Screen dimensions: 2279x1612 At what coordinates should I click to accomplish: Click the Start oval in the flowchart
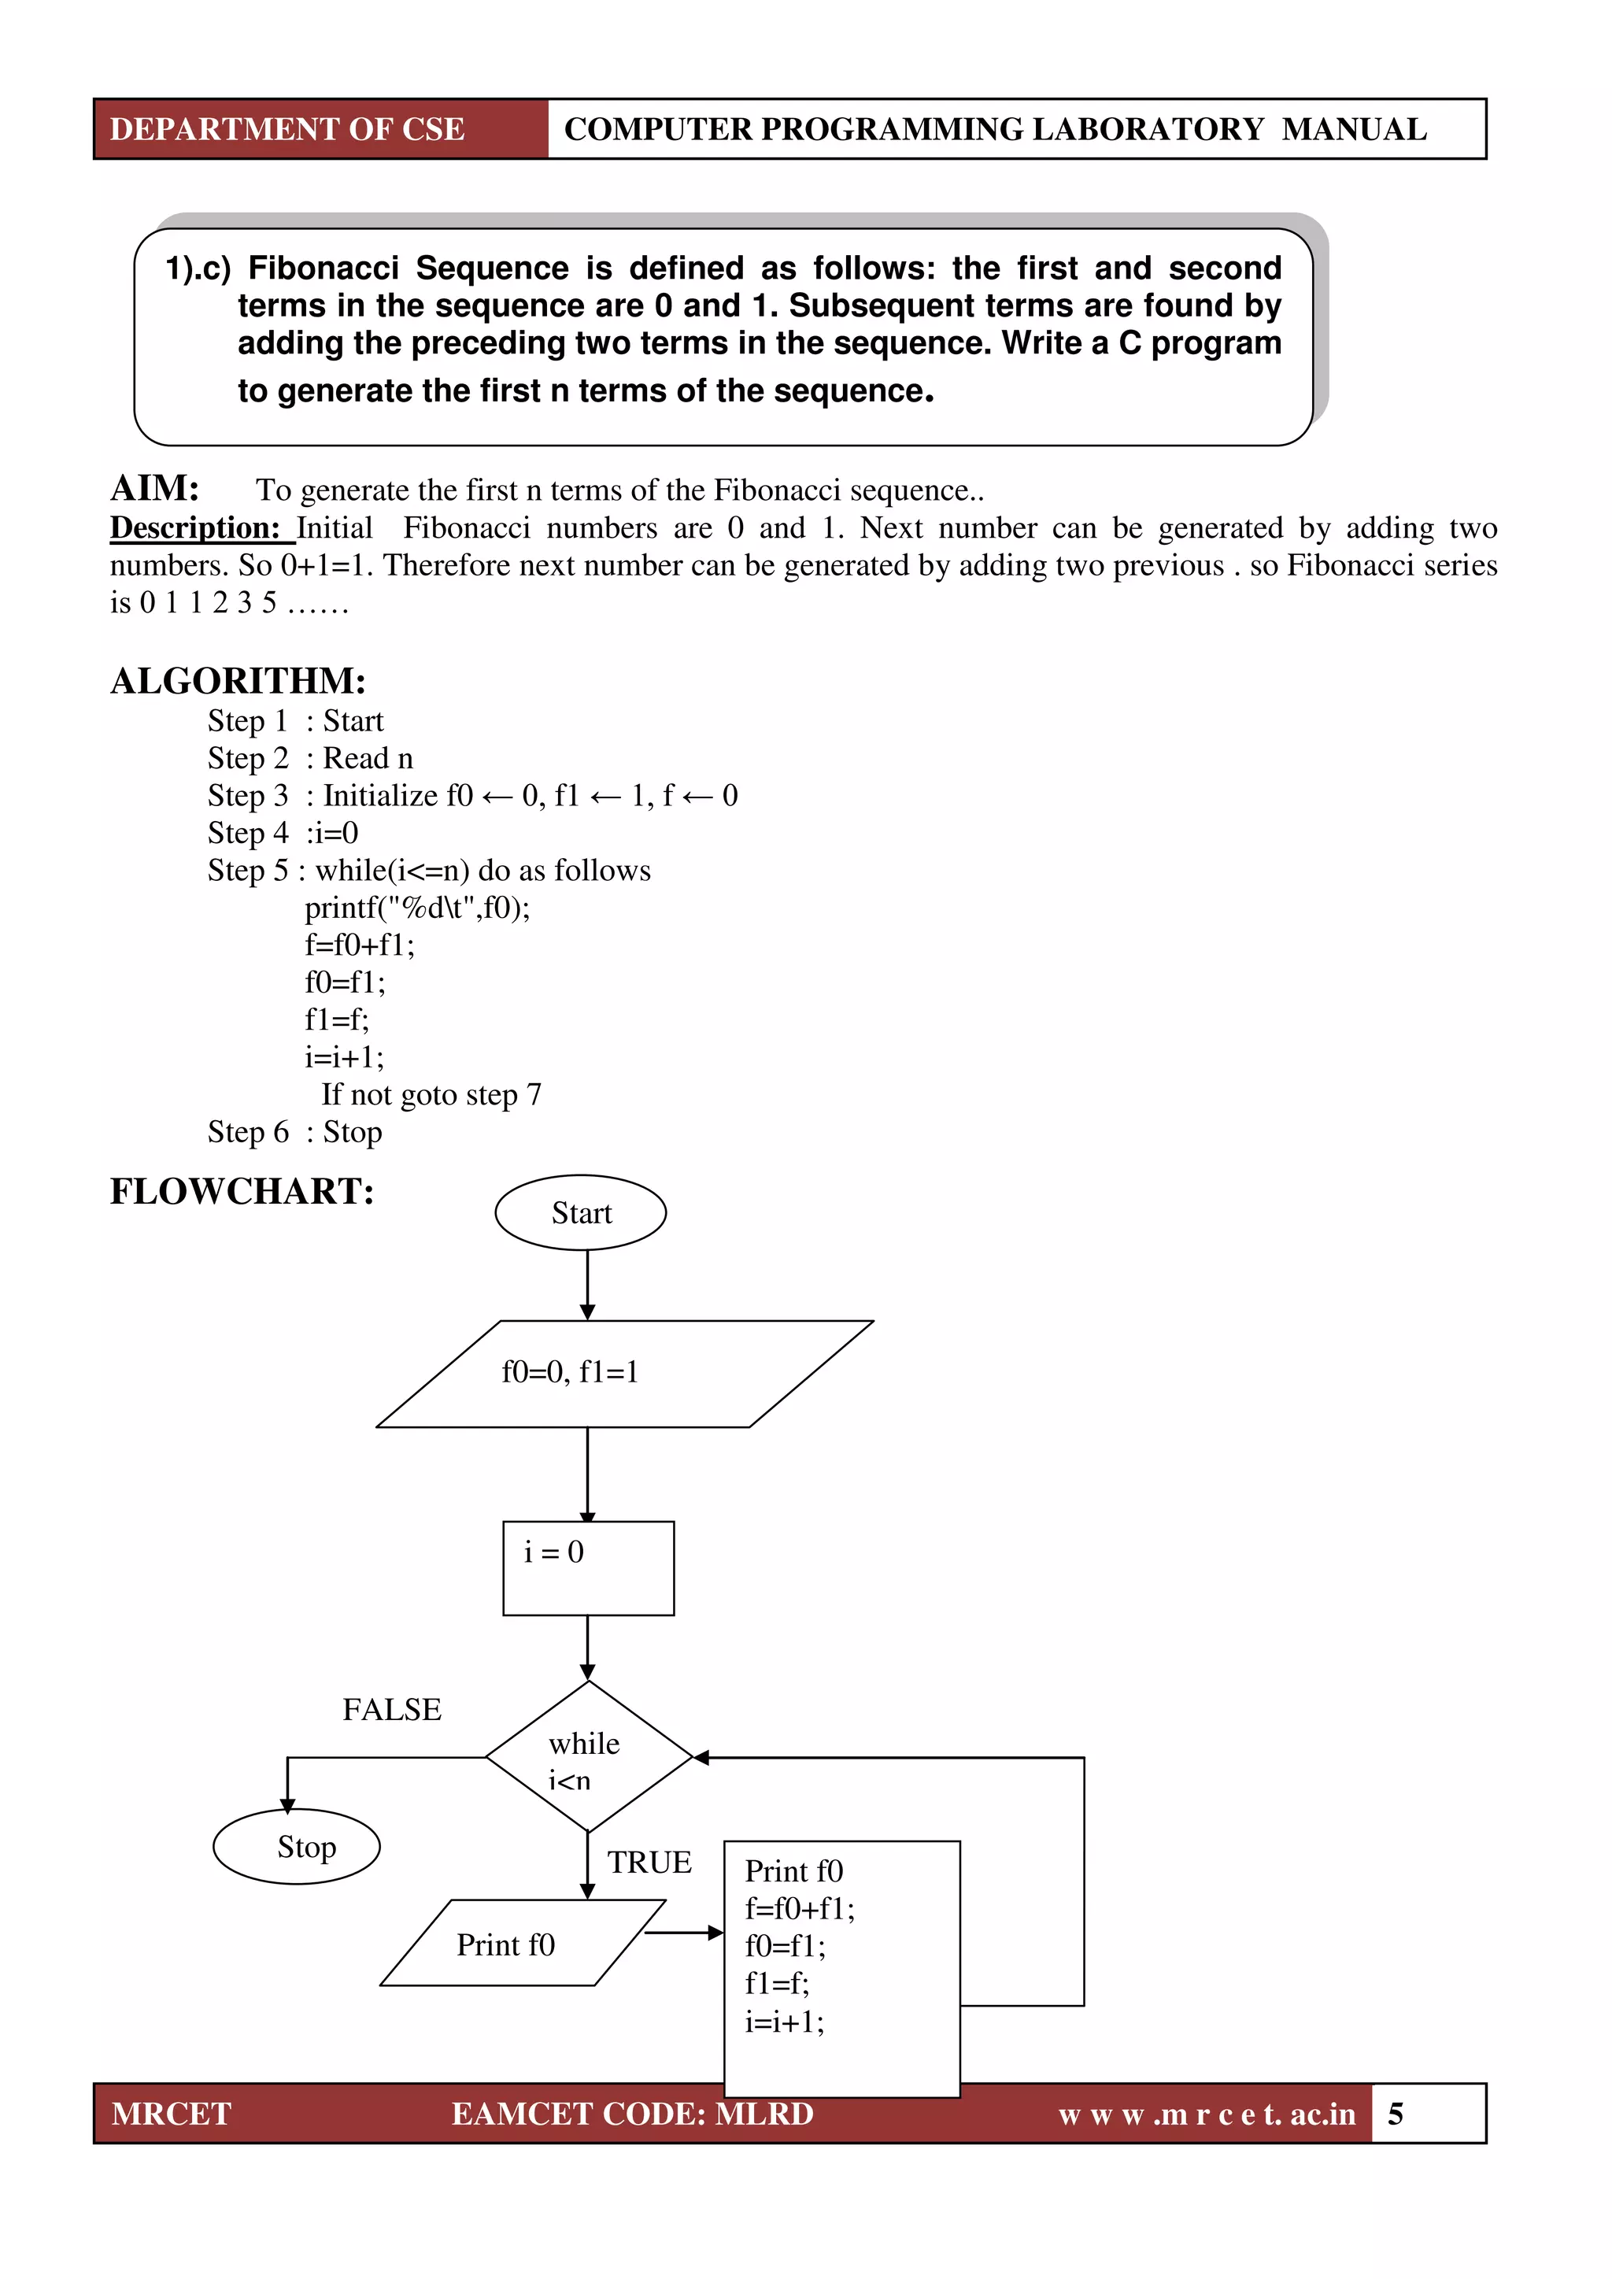(x=581, y=1212)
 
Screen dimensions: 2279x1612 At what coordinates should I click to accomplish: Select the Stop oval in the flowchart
(x=297, y=1846)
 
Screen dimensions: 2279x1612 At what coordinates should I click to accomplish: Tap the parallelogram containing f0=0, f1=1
(x=623, y=1373)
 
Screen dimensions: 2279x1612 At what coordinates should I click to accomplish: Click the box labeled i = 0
(x=588, y=1567)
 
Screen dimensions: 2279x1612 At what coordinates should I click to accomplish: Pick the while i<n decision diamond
(x=588, y=1757)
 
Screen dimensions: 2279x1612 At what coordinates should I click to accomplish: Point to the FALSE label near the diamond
(x=392, y=1709)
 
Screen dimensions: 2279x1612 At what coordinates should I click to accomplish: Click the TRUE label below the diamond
(x=649, y=1862)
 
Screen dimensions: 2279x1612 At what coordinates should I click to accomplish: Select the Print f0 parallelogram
(x=521, y=1944)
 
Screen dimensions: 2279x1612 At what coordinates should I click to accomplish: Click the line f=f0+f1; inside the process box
(x=800, y=1907)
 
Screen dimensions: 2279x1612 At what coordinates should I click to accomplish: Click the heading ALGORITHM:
(x=238, y=681)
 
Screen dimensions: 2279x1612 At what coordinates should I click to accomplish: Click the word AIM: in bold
(x=155, y=488)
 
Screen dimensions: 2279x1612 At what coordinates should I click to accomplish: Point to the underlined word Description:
(x=197, y=528)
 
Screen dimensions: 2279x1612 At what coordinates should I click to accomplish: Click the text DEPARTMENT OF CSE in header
(x=287, y=129)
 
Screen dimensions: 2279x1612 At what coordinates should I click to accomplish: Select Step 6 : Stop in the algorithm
(x=295, y=1131)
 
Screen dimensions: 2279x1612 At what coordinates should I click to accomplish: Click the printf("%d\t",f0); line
(x=417, y=907)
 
